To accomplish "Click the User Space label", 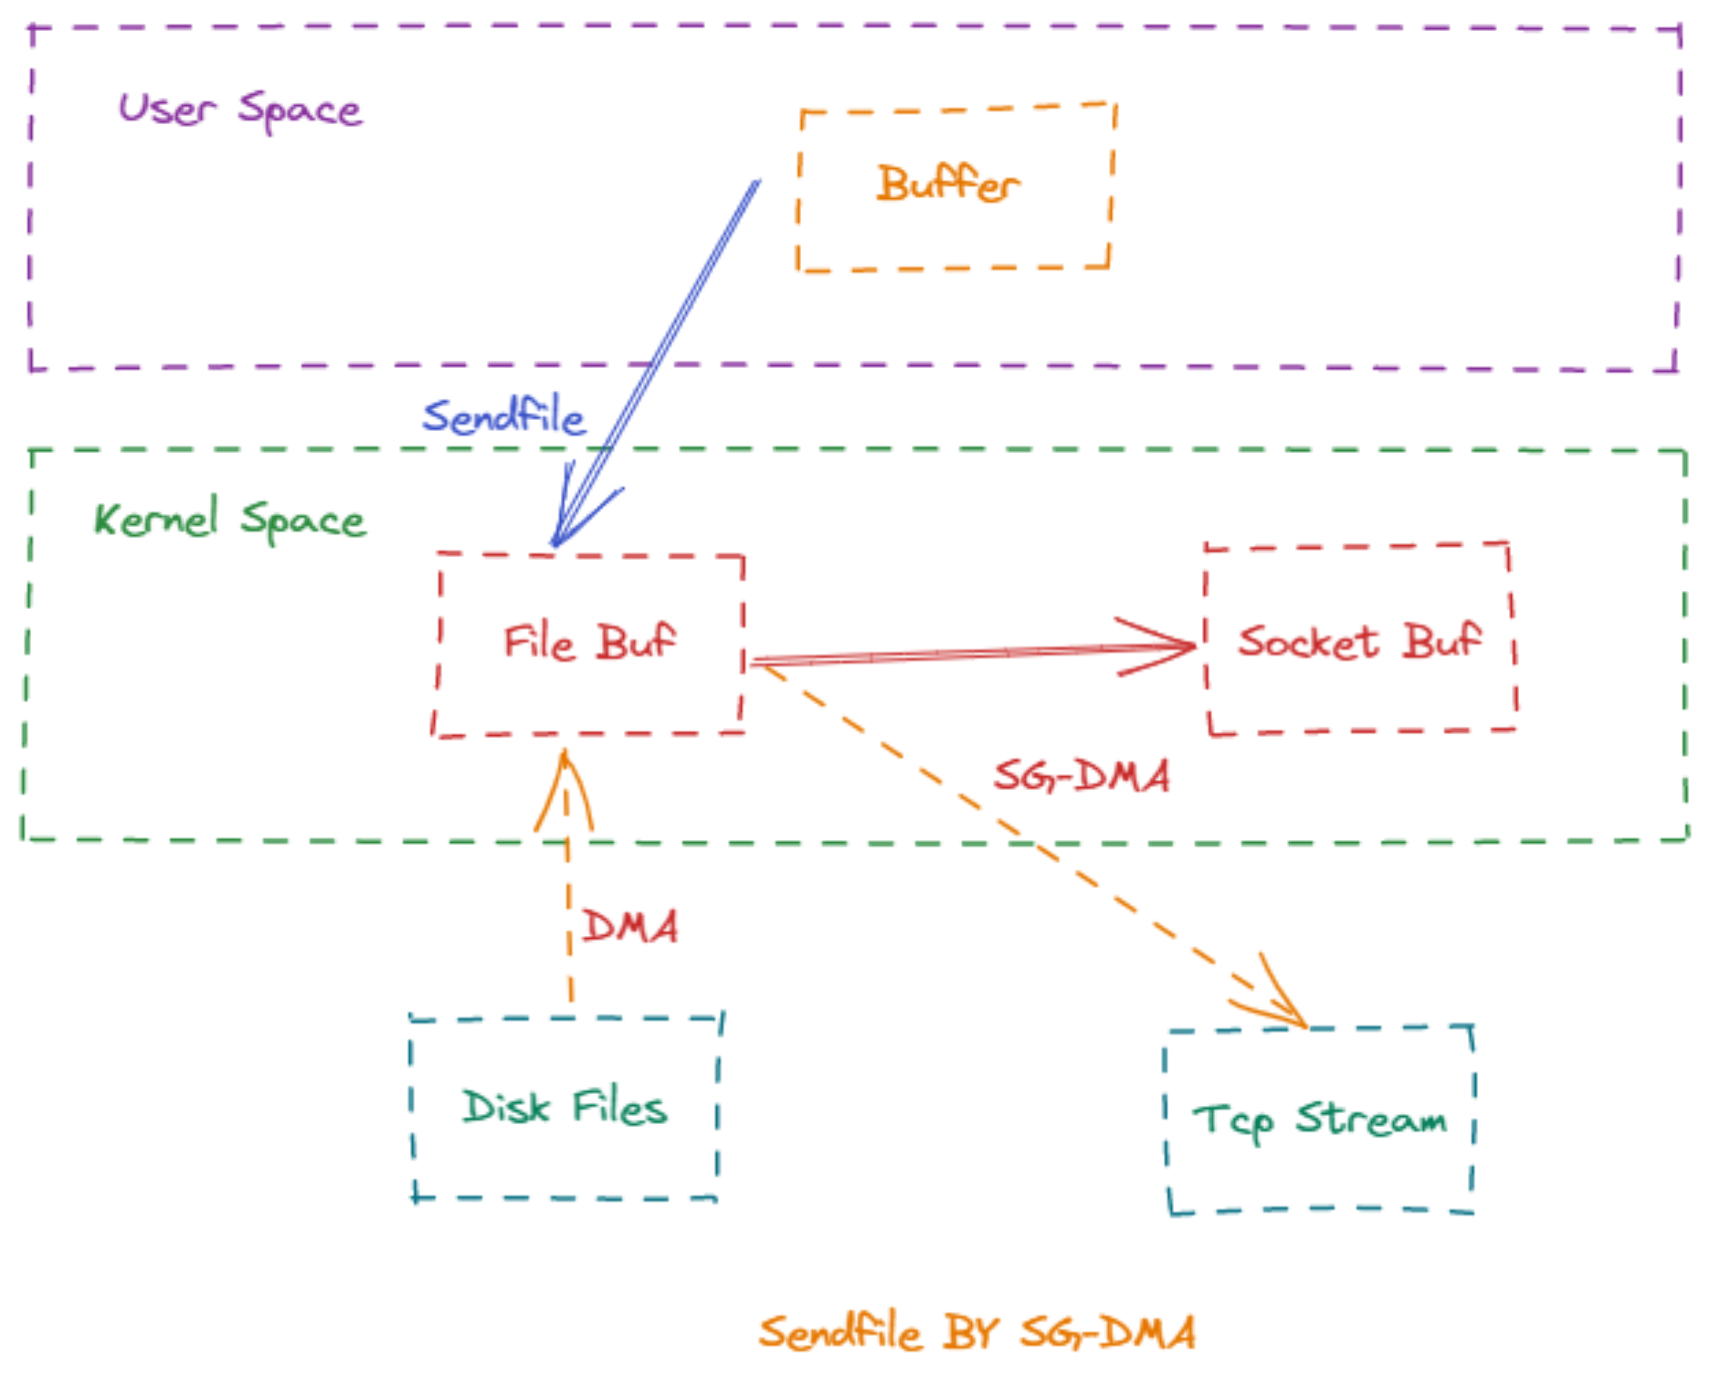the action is click(240, 110).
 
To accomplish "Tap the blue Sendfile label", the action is click(503, 416).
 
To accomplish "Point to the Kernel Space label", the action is click(229, 520).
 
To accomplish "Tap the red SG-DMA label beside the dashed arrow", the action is click(1082, 776).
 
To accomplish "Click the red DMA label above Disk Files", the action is click(630, 926).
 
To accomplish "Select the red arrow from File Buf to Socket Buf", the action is click(974, 653).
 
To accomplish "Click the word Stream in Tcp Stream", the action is click(1371, 1118).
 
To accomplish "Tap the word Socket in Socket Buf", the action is click(1308, 641).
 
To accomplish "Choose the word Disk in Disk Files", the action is click(506, 1107).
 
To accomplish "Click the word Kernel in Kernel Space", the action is click(156, 519).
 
